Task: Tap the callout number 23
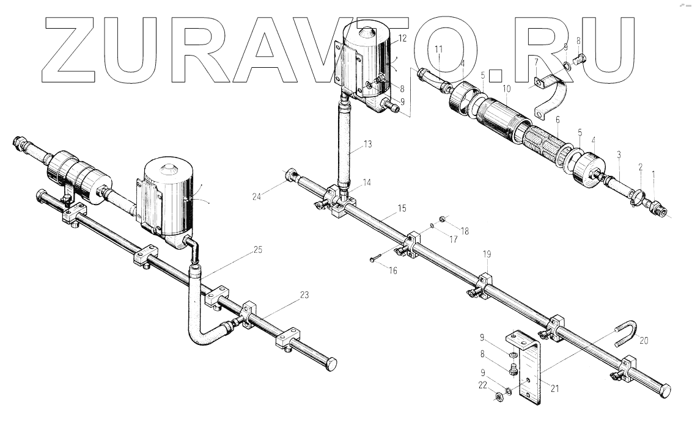(304, 294)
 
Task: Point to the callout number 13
(367, 144)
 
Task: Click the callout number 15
(401, 209)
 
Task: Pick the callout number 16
(392, 270)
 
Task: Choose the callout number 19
(487, 253)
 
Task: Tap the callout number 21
(554, 386)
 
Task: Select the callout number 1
(653, 174)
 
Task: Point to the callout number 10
(507, 89)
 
